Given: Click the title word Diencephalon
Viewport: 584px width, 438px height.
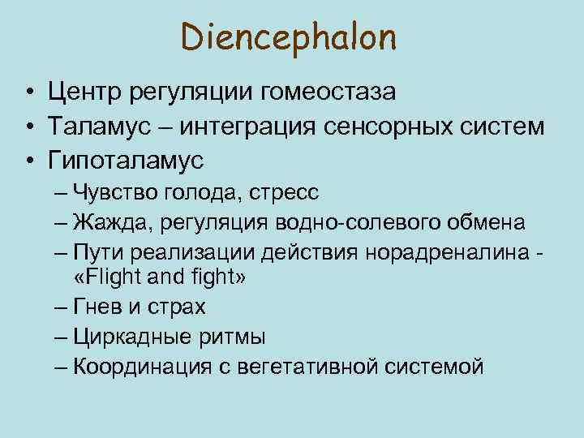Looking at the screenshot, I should coord(289,37).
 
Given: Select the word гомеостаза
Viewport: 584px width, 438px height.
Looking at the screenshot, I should coord(328,92).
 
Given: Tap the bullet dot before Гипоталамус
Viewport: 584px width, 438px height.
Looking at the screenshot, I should coord(28,160).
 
